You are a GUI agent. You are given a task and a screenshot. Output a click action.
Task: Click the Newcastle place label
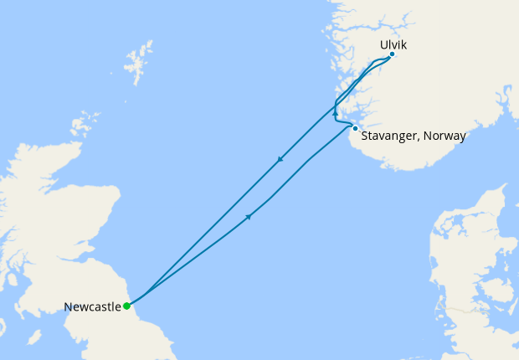pyautogui.click(x=92, y=306)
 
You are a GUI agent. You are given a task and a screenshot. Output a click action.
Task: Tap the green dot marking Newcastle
pyautogui.click(x=126, y=306)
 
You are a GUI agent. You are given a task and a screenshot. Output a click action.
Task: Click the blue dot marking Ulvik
pyautogui.click(x=392, y=55)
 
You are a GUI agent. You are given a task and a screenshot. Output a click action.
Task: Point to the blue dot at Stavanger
pyautogui.click(x=356, y=128)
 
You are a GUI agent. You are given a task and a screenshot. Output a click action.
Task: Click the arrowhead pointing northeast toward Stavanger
pyautogui.click(x=249, y=217)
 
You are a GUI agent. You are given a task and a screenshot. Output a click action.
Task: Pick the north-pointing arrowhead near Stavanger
pyautogui.click(x=335, y=111)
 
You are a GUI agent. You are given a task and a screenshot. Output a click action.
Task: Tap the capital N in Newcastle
pyautogui.click(x=68, y=306)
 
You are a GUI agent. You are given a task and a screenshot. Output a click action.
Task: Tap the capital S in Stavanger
pyautogui.click(x=365, y=136)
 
